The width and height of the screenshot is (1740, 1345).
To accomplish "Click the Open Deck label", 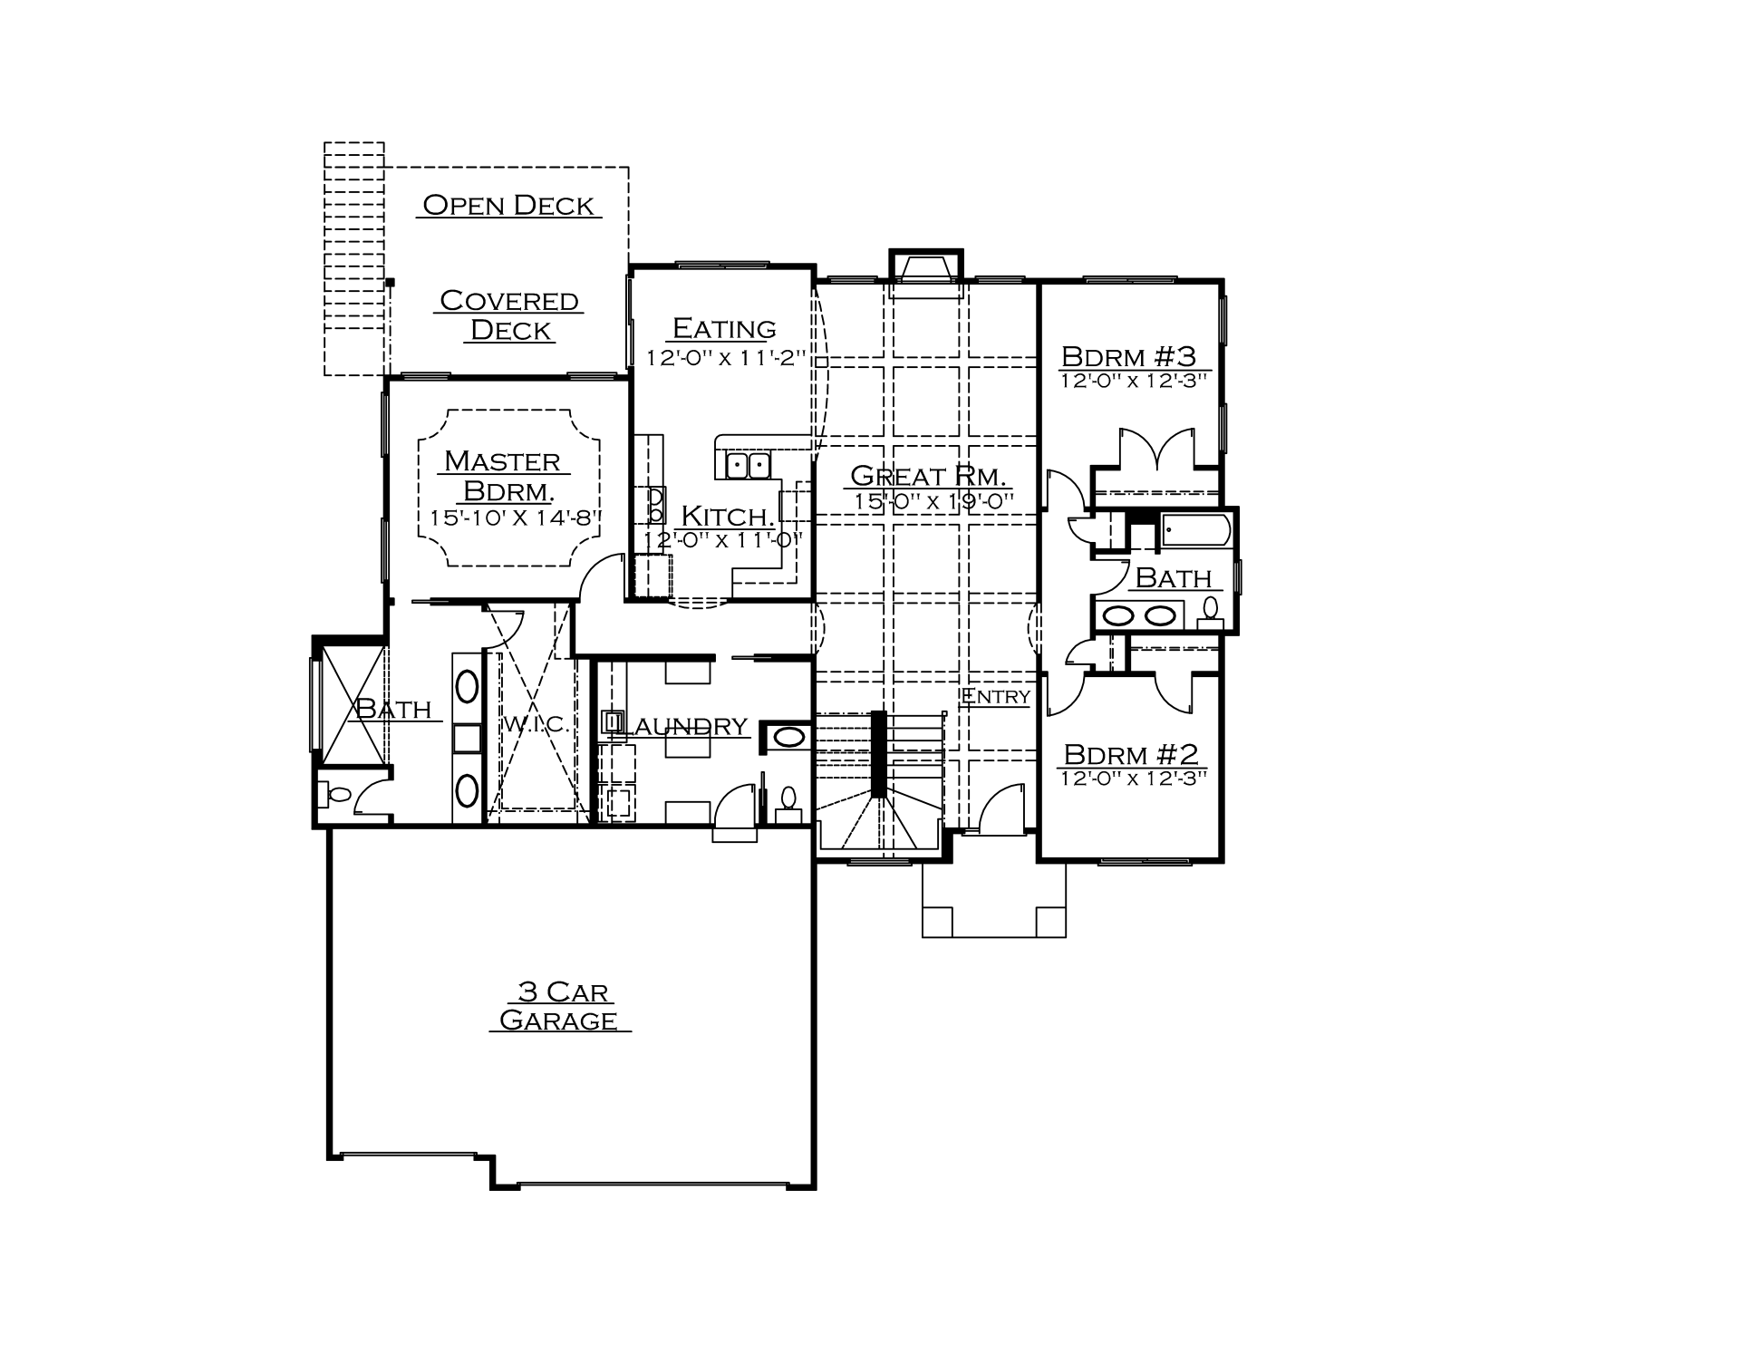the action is [x=508, y=206].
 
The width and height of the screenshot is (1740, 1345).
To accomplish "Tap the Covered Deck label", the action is [x=509, y=314].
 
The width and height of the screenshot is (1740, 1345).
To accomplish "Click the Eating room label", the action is [x=724, y=327].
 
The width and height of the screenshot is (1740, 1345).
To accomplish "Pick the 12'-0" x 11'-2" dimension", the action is [x=725, y=357].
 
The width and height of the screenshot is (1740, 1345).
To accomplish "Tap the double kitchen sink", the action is [x=748, y=466].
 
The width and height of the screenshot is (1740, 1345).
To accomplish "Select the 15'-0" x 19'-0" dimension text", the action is [x=933, y=500].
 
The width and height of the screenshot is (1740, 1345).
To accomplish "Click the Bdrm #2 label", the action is [x=1131, y=753].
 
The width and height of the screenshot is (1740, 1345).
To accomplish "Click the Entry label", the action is [x=995, y=696].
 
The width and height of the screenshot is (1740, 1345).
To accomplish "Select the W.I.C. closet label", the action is [x=535, y=724].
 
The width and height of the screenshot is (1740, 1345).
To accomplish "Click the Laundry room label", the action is [x=686, y=726].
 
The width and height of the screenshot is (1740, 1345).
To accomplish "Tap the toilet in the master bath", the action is [x=338, y=795].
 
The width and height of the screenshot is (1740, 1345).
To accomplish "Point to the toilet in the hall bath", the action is [x=1210, y=613].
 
